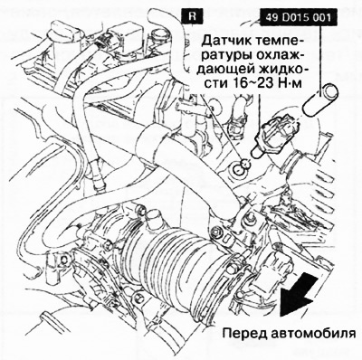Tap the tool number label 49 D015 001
pyautogui.click(x=299, y=15)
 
